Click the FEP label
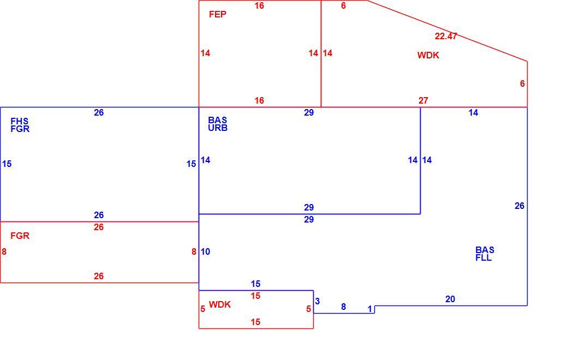[x=218, y=14]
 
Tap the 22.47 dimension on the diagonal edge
[x=446, y=36]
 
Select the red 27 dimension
[x=423, y=101]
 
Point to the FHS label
[x=19, y=122]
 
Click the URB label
[x=218, y=128]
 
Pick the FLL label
[x=483, y=258]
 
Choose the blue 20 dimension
[x=450, y=299]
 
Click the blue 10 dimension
[x=205, y=252]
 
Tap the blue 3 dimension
[x=317, y=301]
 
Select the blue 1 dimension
[x=370, y=309]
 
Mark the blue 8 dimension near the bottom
[x=343, y=307]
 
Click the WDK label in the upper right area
[x=428, y=55]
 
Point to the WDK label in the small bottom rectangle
[x=220, y=304]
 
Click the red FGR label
[x=20, y=236]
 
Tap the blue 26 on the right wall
[x=519, y=206]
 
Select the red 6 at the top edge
[x=343, y=6]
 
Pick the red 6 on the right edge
[x=522, y=83]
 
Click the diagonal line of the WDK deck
[x=447, y=31]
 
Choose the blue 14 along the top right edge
[x=474, y=113]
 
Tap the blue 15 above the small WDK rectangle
[x=255, y=284]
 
